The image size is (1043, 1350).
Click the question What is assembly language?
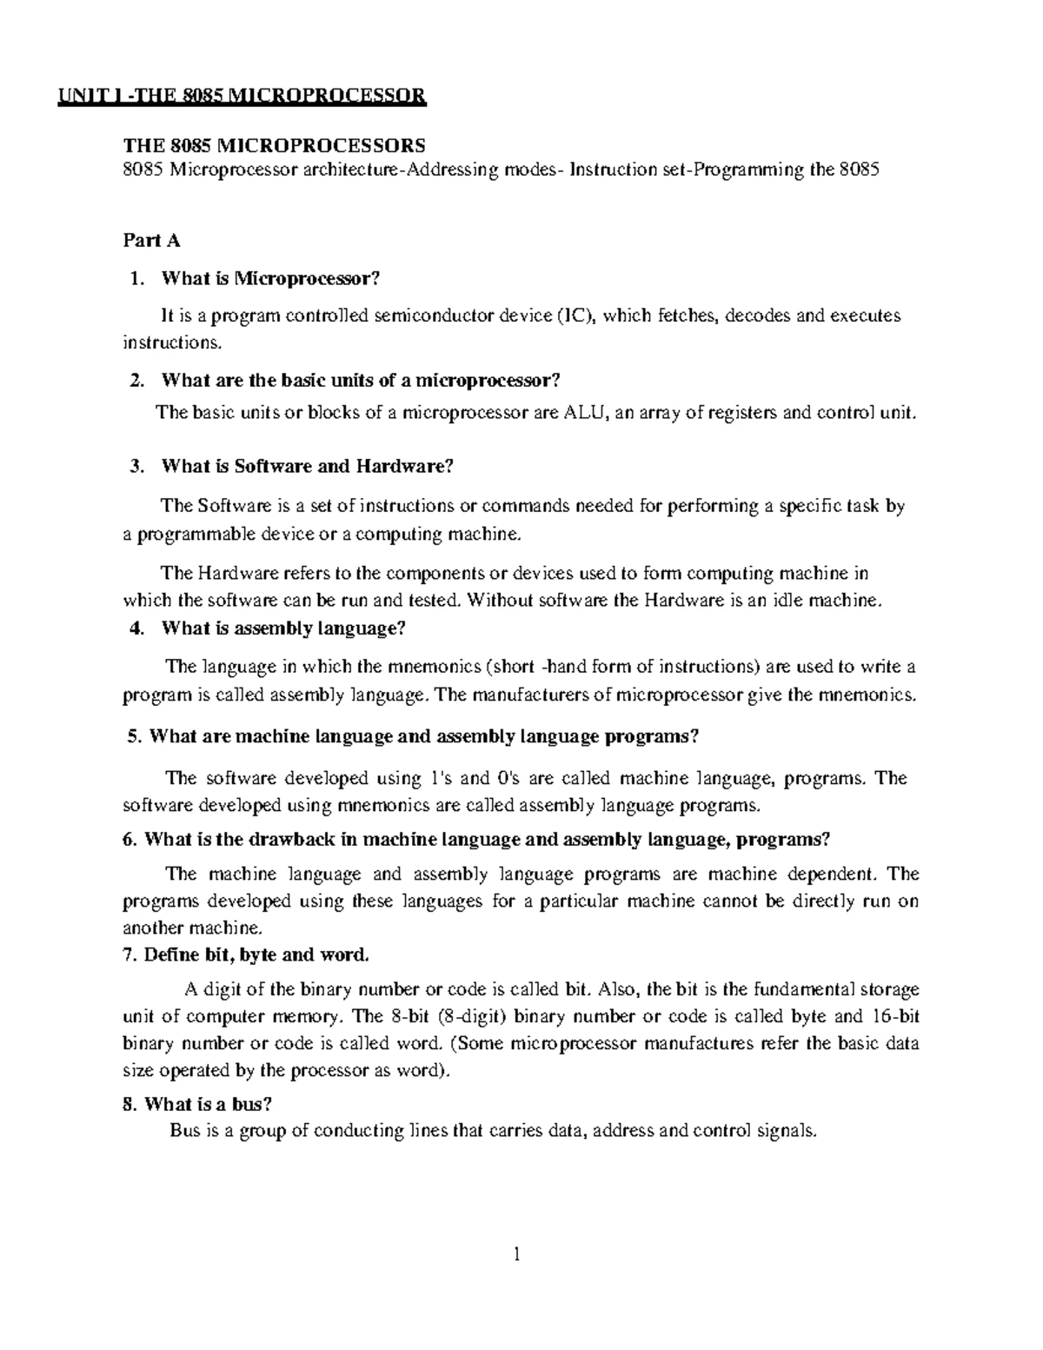coord(283,628)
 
